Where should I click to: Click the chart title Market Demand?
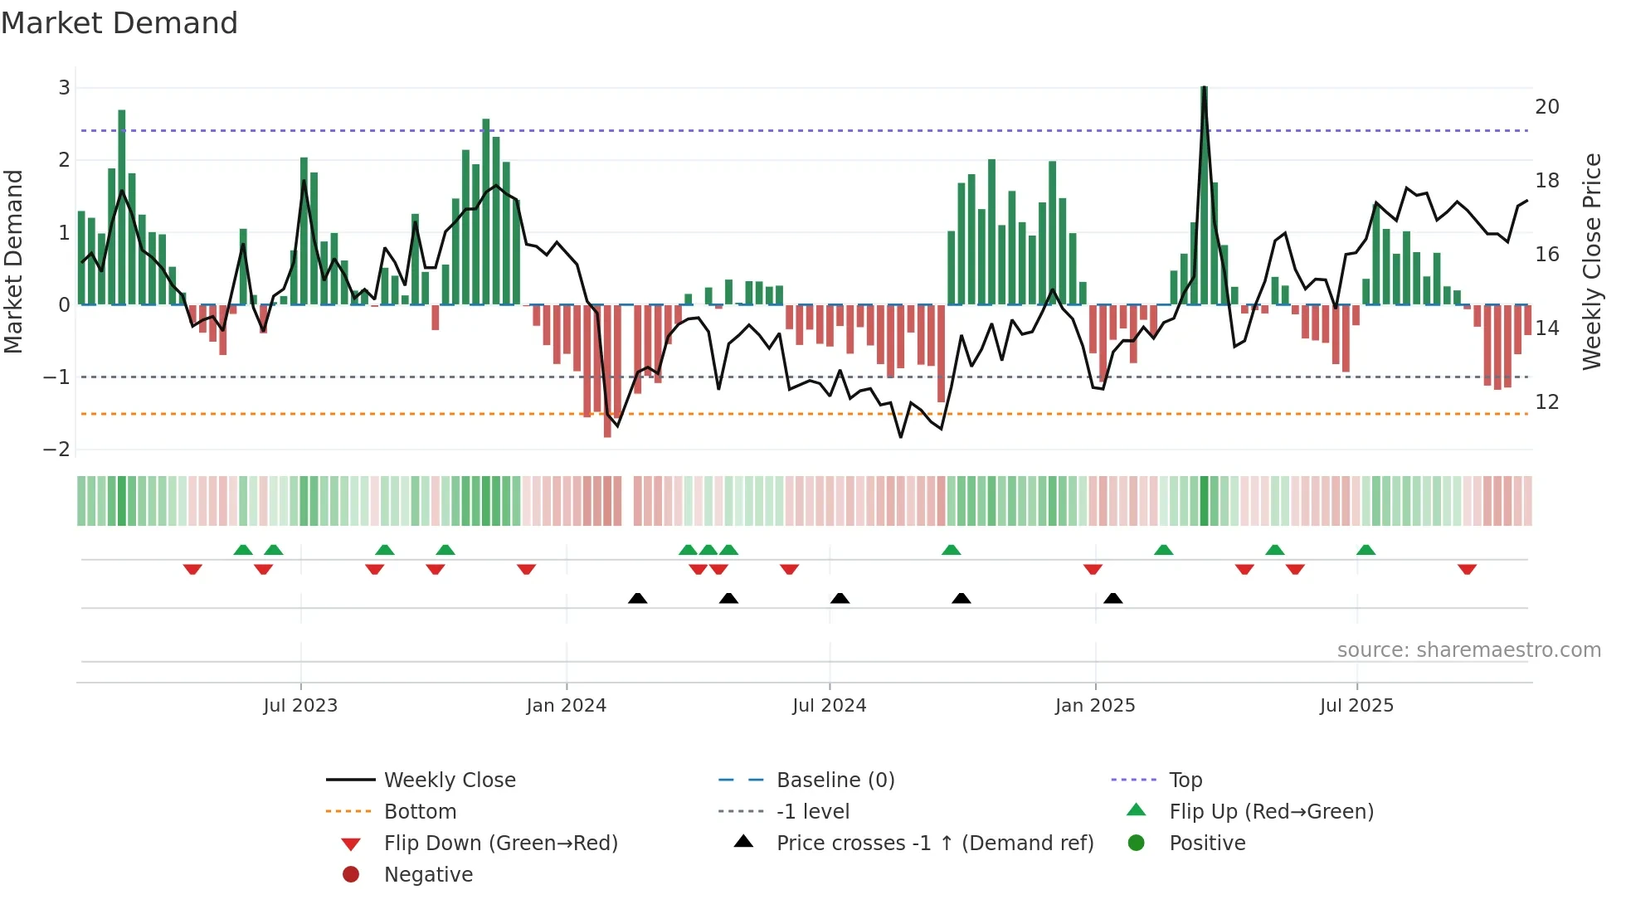(119, 23)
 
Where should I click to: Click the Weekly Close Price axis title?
(1591, 261)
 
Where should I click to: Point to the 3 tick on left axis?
(64, 87)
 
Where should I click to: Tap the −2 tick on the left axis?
(56, 449)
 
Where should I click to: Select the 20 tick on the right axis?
(1546, 106)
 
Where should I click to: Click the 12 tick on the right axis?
(1546, 401)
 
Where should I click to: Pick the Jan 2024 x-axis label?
(566, 705)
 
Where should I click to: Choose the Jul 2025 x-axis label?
(1356, 705)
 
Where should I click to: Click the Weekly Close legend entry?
(449, 780)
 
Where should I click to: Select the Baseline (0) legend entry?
(835, 780)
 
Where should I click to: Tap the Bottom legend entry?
(420, 811)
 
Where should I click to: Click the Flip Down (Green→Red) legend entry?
(500, 843)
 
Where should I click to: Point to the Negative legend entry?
(428, 874)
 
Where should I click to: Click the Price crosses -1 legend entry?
(934, 843)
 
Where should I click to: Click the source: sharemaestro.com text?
(1468, 649)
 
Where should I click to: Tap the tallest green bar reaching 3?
(1204, 195)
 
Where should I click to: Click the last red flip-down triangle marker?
(1467, 569)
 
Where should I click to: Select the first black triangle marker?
(637, 598)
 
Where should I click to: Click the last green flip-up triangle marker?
(1366, 550)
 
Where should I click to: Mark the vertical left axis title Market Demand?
(13, 261)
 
